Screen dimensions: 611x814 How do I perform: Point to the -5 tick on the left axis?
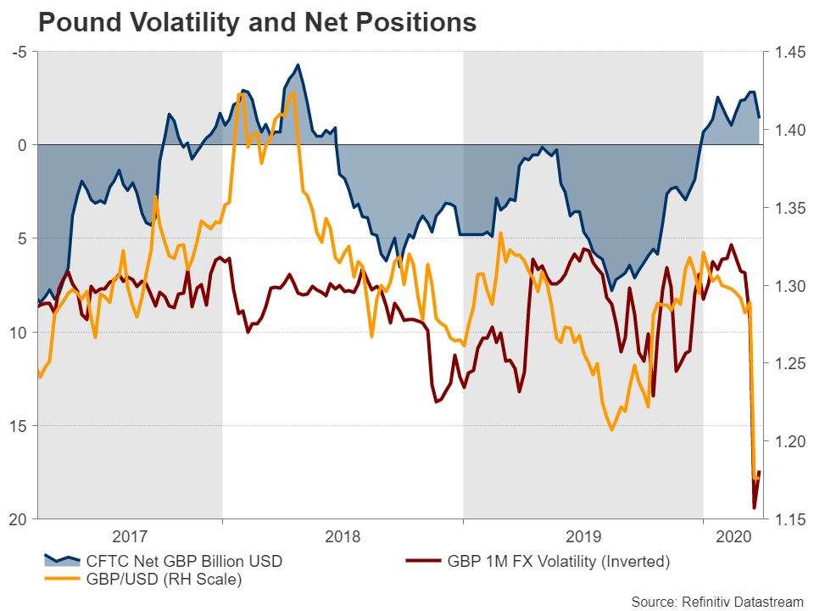[20, 53]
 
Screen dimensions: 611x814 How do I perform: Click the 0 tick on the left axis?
[25, 145]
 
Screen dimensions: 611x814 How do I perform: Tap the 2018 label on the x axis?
[343, 536]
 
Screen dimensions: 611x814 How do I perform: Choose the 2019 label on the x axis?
[583, 536]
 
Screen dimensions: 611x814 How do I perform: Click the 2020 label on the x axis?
[733, 536]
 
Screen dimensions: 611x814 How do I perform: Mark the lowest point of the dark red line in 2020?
[755, 508]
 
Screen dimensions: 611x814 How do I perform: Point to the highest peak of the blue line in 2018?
[298, 64]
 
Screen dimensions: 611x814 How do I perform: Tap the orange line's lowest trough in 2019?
[610, 430]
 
